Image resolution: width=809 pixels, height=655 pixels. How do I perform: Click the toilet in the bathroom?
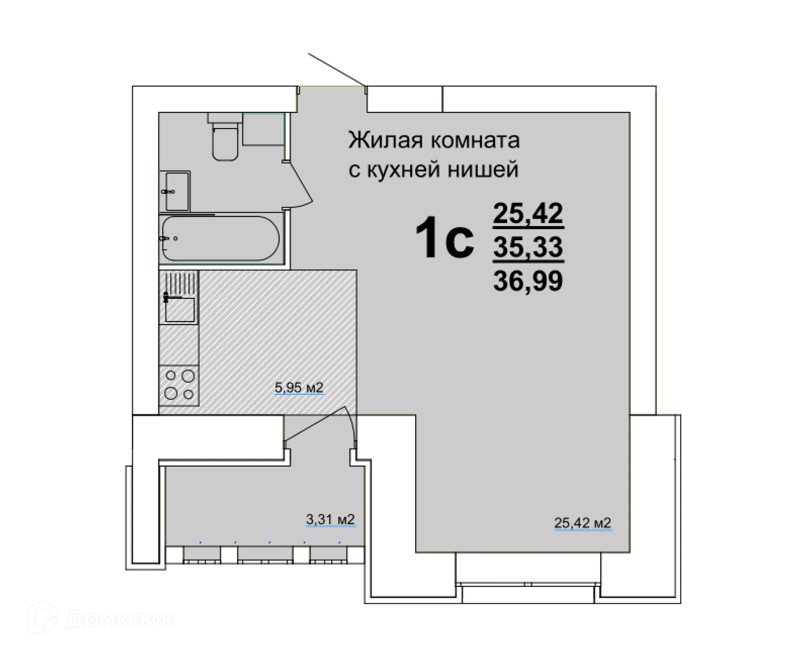225,141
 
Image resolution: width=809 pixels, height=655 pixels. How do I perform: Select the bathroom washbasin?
176,192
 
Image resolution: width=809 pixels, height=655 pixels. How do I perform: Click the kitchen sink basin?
180,309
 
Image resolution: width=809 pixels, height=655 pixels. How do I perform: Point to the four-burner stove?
179,385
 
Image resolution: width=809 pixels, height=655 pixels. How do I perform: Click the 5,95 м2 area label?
299,387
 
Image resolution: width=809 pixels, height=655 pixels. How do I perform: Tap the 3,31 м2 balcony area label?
330,519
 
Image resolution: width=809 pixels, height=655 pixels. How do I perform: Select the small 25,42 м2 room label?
582,523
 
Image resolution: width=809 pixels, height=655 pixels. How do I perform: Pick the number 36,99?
528,281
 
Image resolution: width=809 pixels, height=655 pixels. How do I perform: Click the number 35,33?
528,247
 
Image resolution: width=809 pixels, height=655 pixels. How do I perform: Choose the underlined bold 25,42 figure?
528,213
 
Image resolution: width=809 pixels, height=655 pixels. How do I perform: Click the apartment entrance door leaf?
336,69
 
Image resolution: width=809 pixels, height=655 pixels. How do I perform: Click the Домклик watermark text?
120,619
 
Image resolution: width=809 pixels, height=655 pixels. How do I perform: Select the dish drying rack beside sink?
182,282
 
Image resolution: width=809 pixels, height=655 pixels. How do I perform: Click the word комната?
475,141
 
